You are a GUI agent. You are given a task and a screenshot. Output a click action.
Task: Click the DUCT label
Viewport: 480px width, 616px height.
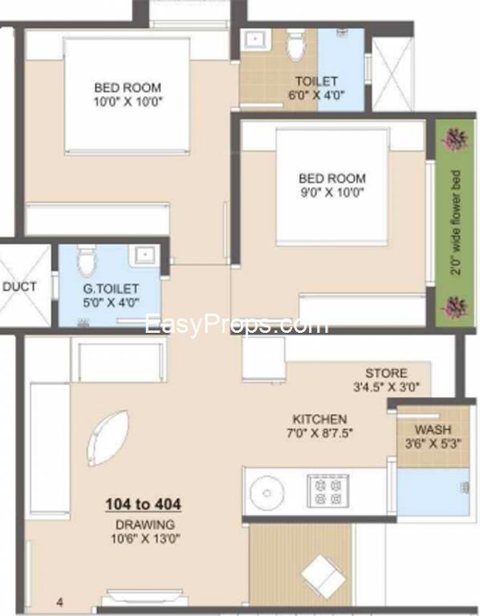coord(19,286)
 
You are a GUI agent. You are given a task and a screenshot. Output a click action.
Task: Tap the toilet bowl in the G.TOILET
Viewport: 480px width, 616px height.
coord(86,260)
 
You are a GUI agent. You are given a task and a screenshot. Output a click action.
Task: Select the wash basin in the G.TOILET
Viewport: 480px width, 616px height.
coord(145,254)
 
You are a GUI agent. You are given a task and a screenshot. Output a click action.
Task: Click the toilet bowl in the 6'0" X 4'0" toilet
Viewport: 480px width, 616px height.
coord(295,44)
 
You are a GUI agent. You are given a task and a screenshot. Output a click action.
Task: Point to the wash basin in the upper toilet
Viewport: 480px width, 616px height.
coord(255,39)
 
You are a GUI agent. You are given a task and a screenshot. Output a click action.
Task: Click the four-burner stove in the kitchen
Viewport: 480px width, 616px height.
coord(327,491)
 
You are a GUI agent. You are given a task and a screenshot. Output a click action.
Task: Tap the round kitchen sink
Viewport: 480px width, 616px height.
coord(267,492)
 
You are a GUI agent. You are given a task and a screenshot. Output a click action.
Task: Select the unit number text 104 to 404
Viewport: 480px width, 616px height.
coord(144,504)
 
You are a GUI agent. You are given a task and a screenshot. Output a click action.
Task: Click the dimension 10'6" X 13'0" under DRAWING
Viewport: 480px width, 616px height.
coord(145,538)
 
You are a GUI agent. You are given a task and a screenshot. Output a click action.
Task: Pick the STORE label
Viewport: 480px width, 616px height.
coord(386,373)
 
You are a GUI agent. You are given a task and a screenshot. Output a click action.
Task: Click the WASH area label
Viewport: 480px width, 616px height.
coord(433,429)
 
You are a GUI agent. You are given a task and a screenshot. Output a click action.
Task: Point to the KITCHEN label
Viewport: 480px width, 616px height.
coord(319,419)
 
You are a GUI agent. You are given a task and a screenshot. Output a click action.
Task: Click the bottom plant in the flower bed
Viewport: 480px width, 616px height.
coord(455,306)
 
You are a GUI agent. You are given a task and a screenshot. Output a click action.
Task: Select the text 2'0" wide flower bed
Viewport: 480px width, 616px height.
coord(456,223)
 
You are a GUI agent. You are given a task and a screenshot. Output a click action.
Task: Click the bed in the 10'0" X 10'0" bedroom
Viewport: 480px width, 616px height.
coord(127,95)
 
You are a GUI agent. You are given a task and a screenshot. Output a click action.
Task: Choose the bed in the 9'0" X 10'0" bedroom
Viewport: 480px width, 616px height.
coord(332,187)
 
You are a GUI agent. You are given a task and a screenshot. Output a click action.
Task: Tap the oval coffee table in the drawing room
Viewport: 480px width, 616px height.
coord(108,438)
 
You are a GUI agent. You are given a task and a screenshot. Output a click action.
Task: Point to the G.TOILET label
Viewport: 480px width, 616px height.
coord(111,289)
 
